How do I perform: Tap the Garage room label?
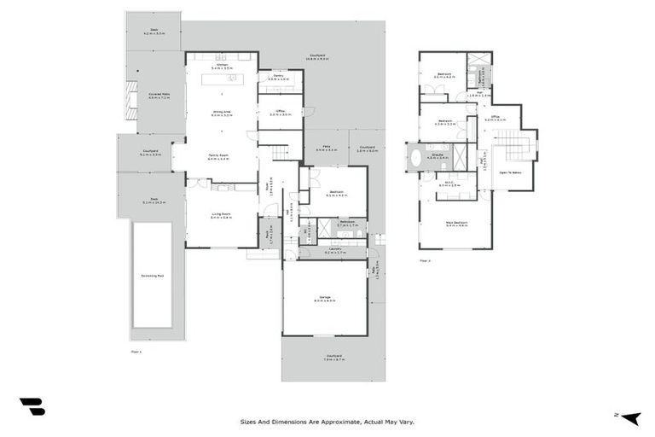click(324, 298)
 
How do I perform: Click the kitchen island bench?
click(222, 79)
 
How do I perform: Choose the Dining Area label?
click(222, 113)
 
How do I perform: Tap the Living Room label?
click(221, 216)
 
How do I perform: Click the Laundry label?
click(333, 251)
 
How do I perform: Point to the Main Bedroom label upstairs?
click(456, 224)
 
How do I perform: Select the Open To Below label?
click(511, 172)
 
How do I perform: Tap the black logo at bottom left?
click(32, 407)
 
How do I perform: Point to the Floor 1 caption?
click(136, 351)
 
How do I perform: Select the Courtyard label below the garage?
click(333, 358)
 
